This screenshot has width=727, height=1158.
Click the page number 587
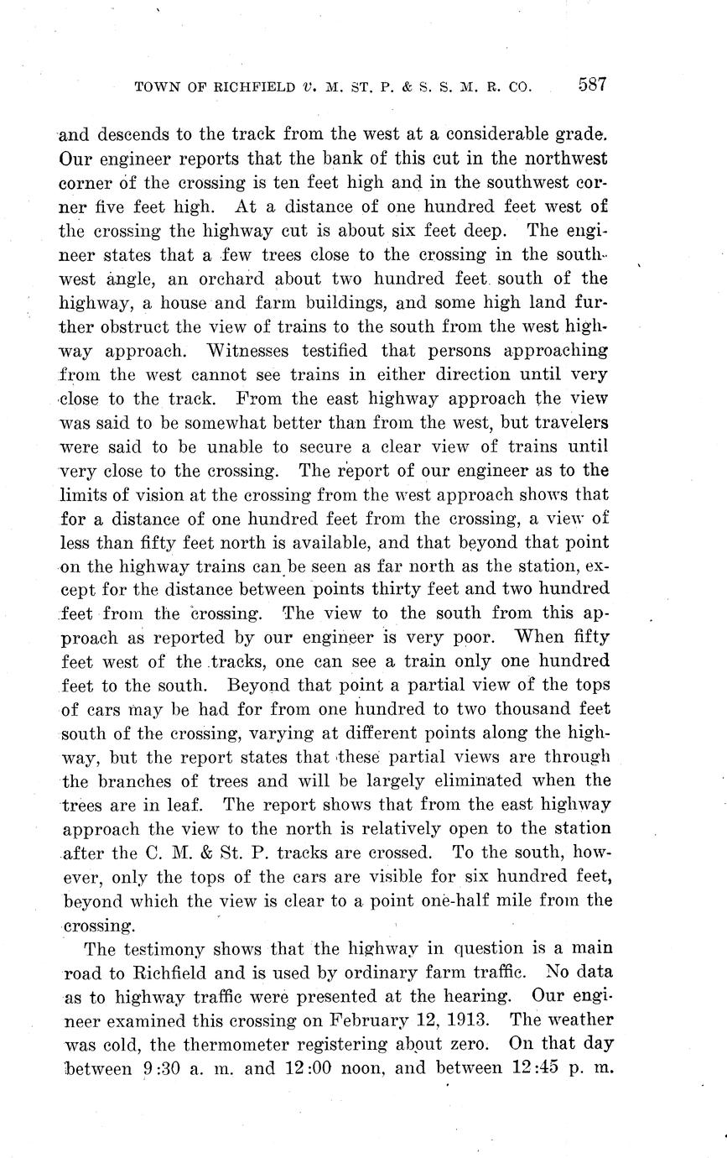pos(591,85)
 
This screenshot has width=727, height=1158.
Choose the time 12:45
pos(535,1069)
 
